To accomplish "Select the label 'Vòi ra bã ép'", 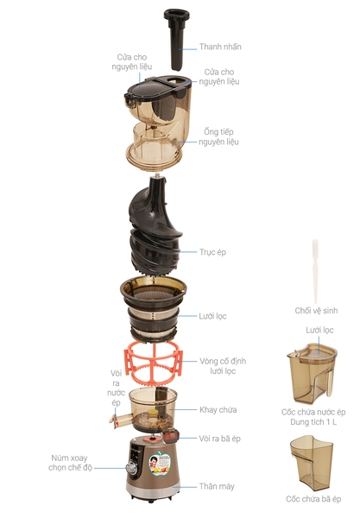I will click(x=219, y=438).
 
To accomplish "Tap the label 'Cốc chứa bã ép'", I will click(x=313, y=500).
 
